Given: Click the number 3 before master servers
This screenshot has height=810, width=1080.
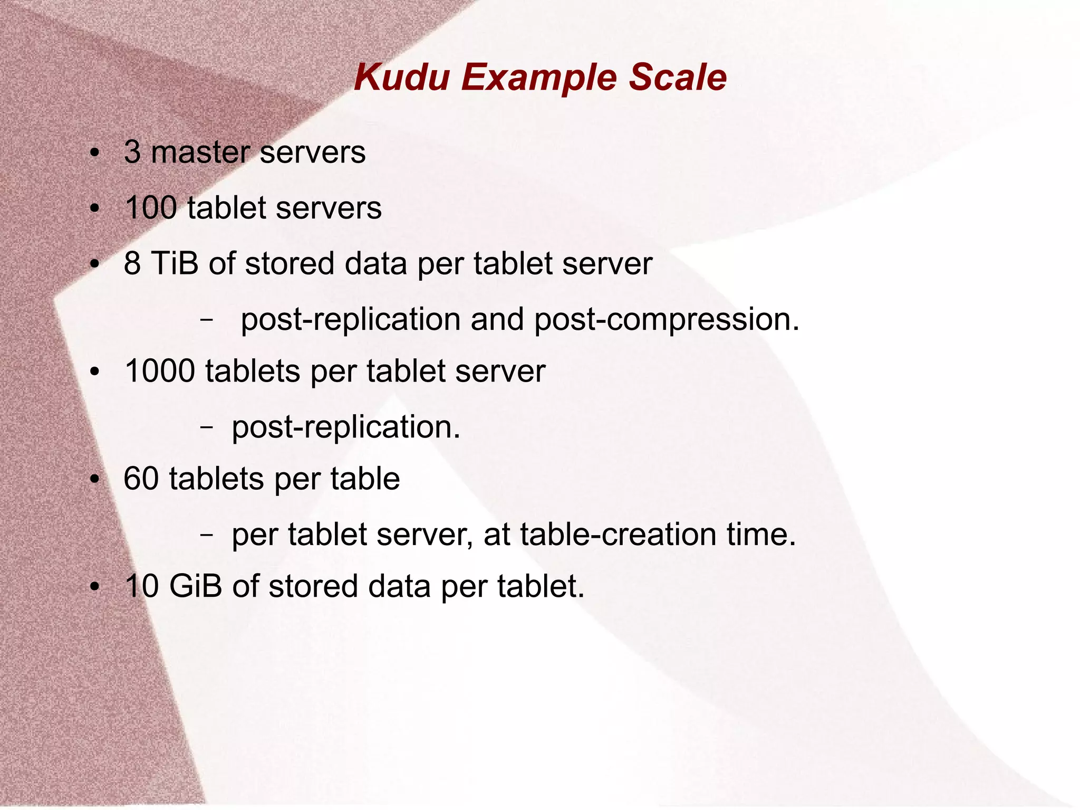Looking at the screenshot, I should pyautogui.click(x=132, y=153).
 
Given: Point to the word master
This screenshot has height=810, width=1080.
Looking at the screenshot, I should pyautogui.click(x=200, y=153).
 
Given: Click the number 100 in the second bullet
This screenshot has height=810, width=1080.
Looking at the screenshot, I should pyautogui.click(x=151, y=208).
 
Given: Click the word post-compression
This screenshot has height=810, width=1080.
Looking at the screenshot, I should pyautogui.click(x=667, y=320).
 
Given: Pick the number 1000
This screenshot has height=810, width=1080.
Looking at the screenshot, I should pyautogui.click(x=160, y=371).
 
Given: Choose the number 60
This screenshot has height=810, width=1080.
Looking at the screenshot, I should pyautogui.click(x=141, y=479).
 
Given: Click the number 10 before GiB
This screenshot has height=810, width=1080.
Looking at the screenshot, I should pyautogui.click(x=141, y=586).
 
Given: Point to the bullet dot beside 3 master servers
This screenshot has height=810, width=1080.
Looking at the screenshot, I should pyautogui.click(x=94, y=154).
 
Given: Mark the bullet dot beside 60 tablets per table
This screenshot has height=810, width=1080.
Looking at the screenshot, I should pyautogui.click(x=94, y=480).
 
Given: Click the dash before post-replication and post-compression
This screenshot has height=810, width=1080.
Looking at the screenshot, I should pyautogui.click(x=207, y=320).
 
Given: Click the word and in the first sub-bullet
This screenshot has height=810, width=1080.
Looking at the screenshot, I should pyautogui.click(x=496, y=319).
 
